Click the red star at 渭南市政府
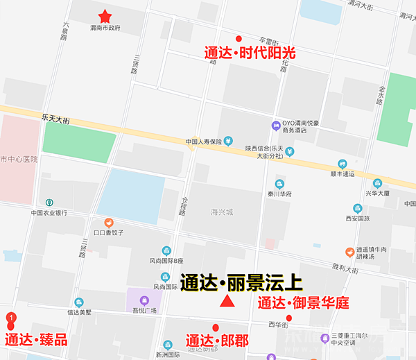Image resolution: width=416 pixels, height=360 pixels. pos(105,16)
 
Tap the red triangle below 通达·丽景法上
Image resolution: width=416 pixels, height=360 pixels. pos(225,301)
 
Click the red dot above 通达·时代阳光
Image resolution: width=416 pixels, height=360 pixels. pos(239,38)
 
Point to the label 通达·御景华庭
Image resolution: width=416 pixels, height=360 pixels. pos(303,303)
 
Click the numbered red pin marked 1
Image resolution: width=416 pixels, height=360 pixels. pos(11,319)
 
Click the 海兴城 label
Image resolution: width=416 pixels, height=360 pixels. pos(224,211)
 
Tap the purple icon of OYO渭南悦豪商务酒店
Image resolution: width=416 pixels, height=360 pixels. pos(277,124)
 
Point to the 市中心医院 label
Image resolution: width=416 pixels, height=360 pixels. pos(19,159)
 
